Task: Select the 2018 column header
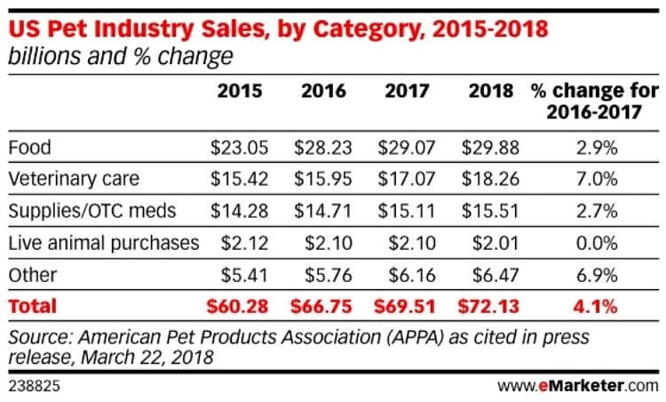click(x=492, y=91)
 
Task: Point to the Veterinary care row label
click(x=73, y=179)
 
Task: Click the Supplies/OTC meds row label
click(x=91, y=211)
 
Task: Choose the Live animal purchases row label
click(x=103, y=243)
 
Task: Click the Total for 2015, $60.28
click(x=235, y=307)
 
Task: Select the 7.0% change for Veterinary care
click(x=594, y=179)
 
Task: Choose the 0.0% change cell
click(x=594, y=243)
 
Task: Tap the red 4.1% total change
click(x=594, y=307)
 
